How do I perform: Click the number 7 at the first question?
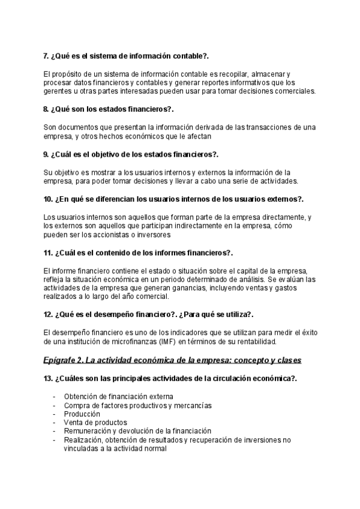click(x=46, y=56)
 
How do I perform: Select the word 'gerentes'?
click(x=58, y=91)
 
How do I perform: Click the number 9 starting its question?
click(x=46, y=154)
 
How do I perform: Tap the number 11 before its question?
click(x=49, y=252)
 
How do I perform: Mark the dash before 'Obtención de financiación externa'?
click(x=55, y=397)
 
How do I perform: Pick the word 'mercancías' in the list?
click(x=190, y=406)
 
